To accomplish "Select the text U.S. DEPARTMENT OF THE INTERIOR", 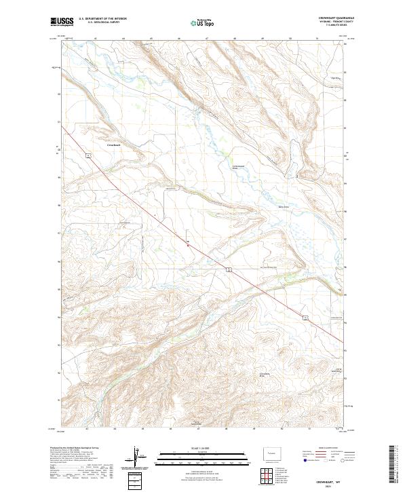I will pyautogui.click(x=102, y=19).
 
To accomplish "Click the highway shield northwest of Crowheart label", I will pyautogui.click(x=88, y=155).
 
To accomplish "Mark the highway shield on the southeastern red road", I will pyautogui.click(x=230, y=269).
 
